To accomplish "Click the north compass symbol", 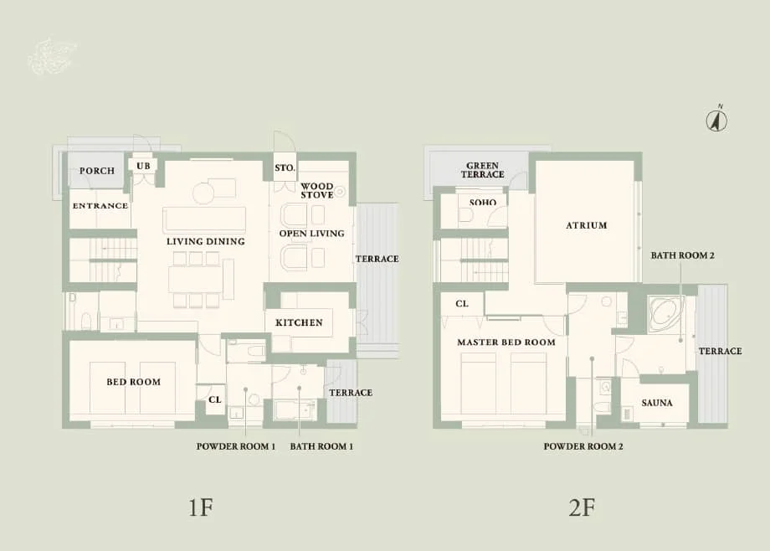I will (x=716, y=120).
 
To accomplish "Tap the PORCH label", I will (x=97, y=171).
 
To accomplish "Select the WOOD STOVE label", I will (x=317, y=190).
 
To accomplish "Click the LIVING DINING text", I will (x=205, y=241).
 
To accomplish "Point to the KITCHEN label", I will (x=299, y=322).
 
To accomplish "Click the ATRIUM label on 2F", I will (x=586, y=225).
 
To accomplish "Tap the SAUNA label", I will (x=657, y=403).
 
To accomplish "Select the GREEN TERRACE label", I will (x=483, y=170).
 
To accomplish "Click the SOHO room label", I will (x=483, y=203).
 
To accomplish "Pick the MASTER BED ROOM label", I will (x=506, y=342).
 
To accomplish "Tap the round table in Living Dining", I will (x=204, y=193).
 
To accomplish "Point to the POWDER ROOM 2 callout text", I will (x=583, y=447).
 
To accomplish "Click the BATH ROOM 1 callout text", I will (x=321, y=447).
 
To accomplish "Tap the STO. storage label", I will (x=285, y=168).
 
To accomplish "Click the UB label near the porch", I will (x=143, y=166).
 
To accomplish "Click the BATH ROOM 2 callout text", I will (x=682, y=254).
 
